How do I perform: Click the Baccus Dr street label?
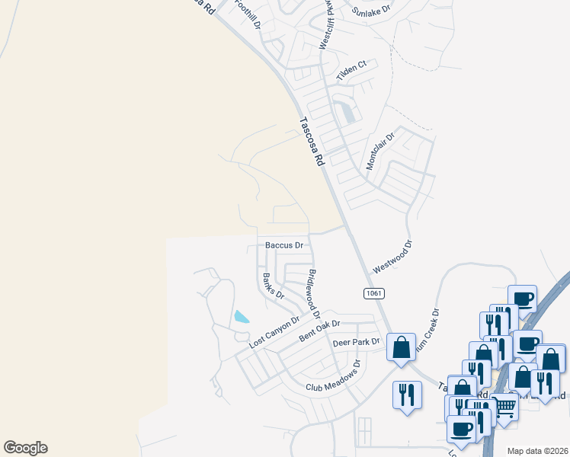[284, 245]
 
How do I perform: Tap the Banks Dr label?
[273, 286]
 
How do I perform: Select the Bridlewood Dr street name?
[313, 295]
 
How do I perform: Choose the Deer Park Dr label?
[356, 343]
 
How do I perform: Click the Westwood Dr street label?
[392, 257]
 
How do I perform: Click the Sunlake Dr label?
[371, 11]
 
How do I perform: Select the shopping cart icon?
[505, 407]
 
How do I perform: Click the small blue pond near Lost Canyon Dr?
[242, 317]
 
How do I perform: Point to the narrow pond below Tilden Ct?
[348, 112]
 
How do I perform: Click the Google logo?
[25, 448]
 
